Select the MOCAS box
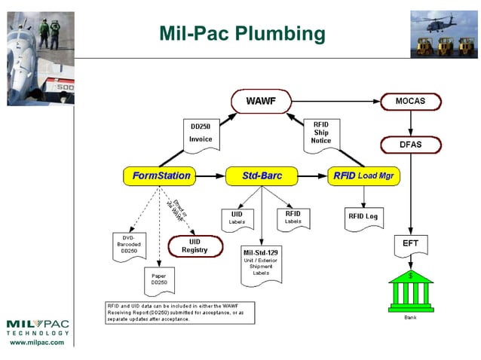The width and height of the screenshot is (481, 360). pyautogui.click(x=412, y=100)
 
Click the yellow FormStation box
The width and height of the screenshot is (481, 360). pyautogui.click(x=161, y=176)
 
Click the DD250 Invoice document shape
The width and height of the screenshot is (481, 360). pyautogui.click(x=201, y=133)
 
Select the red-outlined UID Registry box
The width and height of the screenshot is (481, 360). pyautogui.click(x=195, y=246)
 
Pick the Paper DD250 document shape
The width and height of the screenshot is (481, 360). pyautogui.click(x=159, y=281)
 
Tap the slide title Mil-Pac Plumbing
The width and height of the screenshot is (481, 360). pyautogui.click(x=242, y=33)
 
